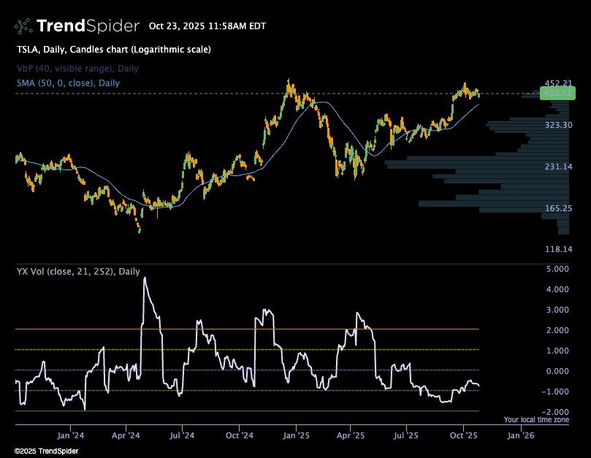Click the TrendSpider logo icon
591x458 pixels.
click(x=23, y=26)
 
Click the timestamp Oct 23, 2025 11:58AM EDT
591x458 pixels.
click(x=207, y=26)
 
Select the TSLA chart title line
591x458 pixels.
click(x=113, y=50)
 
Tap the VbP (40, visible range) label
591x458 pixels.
click(x=77, y=69)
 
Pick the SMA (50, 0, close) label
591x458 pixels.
click(x=68, y=83)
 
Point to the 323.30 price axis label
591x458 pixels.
click(x=558, y=126)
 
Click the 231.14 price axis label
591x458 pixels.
click(x=558, y=167)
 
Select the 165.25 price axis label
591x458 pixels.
click(x=558, y=209)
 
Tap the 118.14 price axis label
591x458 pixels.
click(x=558, y=250)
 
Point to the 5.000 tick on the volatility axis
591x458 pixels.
click(x=557, y=269)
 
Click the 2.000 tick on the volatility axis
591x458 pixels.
click(x=557, y=330)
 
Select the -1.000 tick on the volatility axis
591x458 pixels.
click(x=556, y=392)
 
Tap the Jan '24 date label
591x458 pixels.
click(x=70, y=436)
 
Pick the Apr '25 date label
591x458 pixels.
click(x=351, y=436)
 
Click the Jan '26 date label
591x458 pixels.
click(x=520, y=436)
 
